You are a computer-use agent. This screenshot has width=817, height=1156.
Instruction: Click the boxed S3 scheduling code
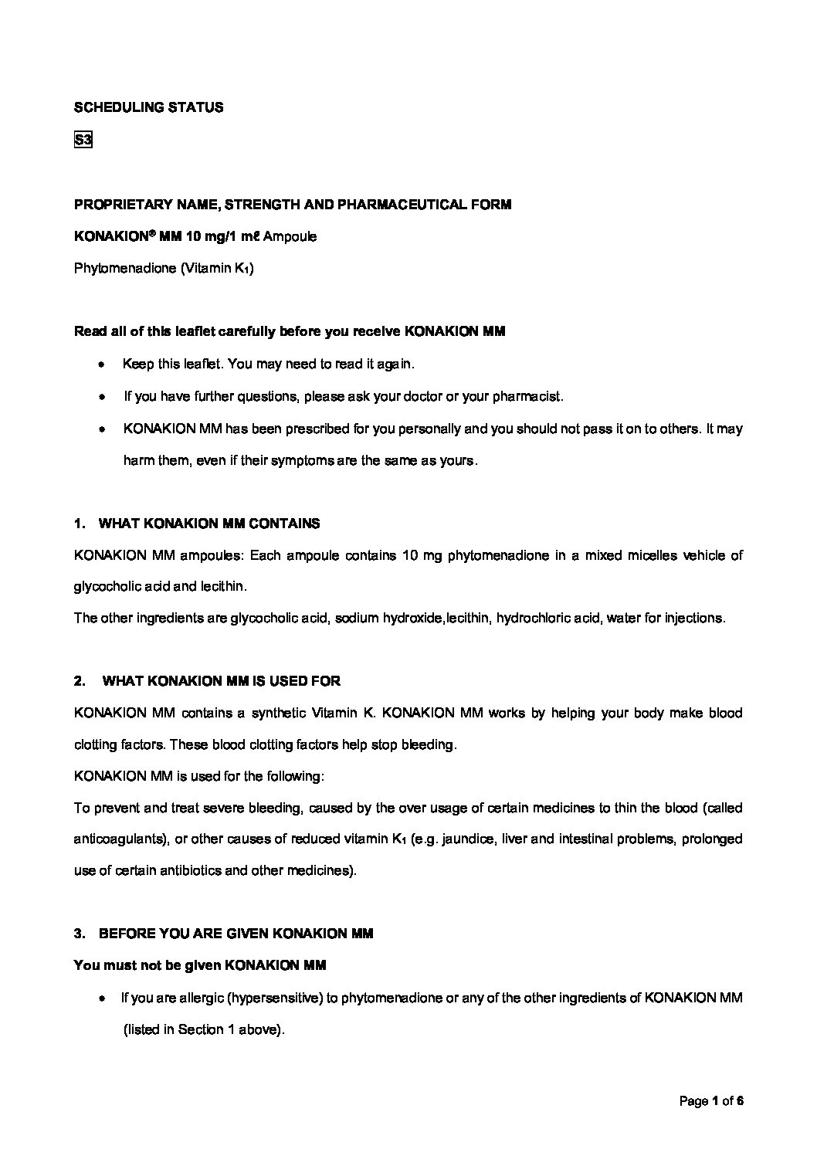83,141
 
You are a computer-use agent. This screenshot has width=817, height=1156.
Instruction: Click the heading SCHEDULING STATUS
148,107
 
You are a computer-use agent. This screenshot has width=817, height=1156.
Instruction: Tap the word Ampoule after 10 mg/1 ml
290,236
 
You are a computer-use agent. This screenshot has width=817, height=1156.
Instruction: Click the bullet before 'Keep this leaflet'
102,364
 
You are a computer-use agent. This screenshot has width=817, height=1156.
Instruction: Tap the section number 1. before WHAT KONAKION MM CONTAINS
80,524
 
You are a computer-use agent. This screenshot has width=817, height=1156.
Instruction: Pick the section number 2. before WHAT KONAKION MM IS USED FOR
80,681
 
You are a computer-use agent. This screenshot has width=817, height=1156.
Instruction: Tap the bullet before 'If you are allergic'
102,998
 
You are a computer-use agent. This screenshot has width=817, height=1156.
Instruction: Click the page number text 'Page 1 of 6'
710,1101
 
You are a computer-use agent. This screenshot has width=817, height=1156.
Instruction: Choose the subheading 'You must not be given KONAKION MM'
199,965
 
